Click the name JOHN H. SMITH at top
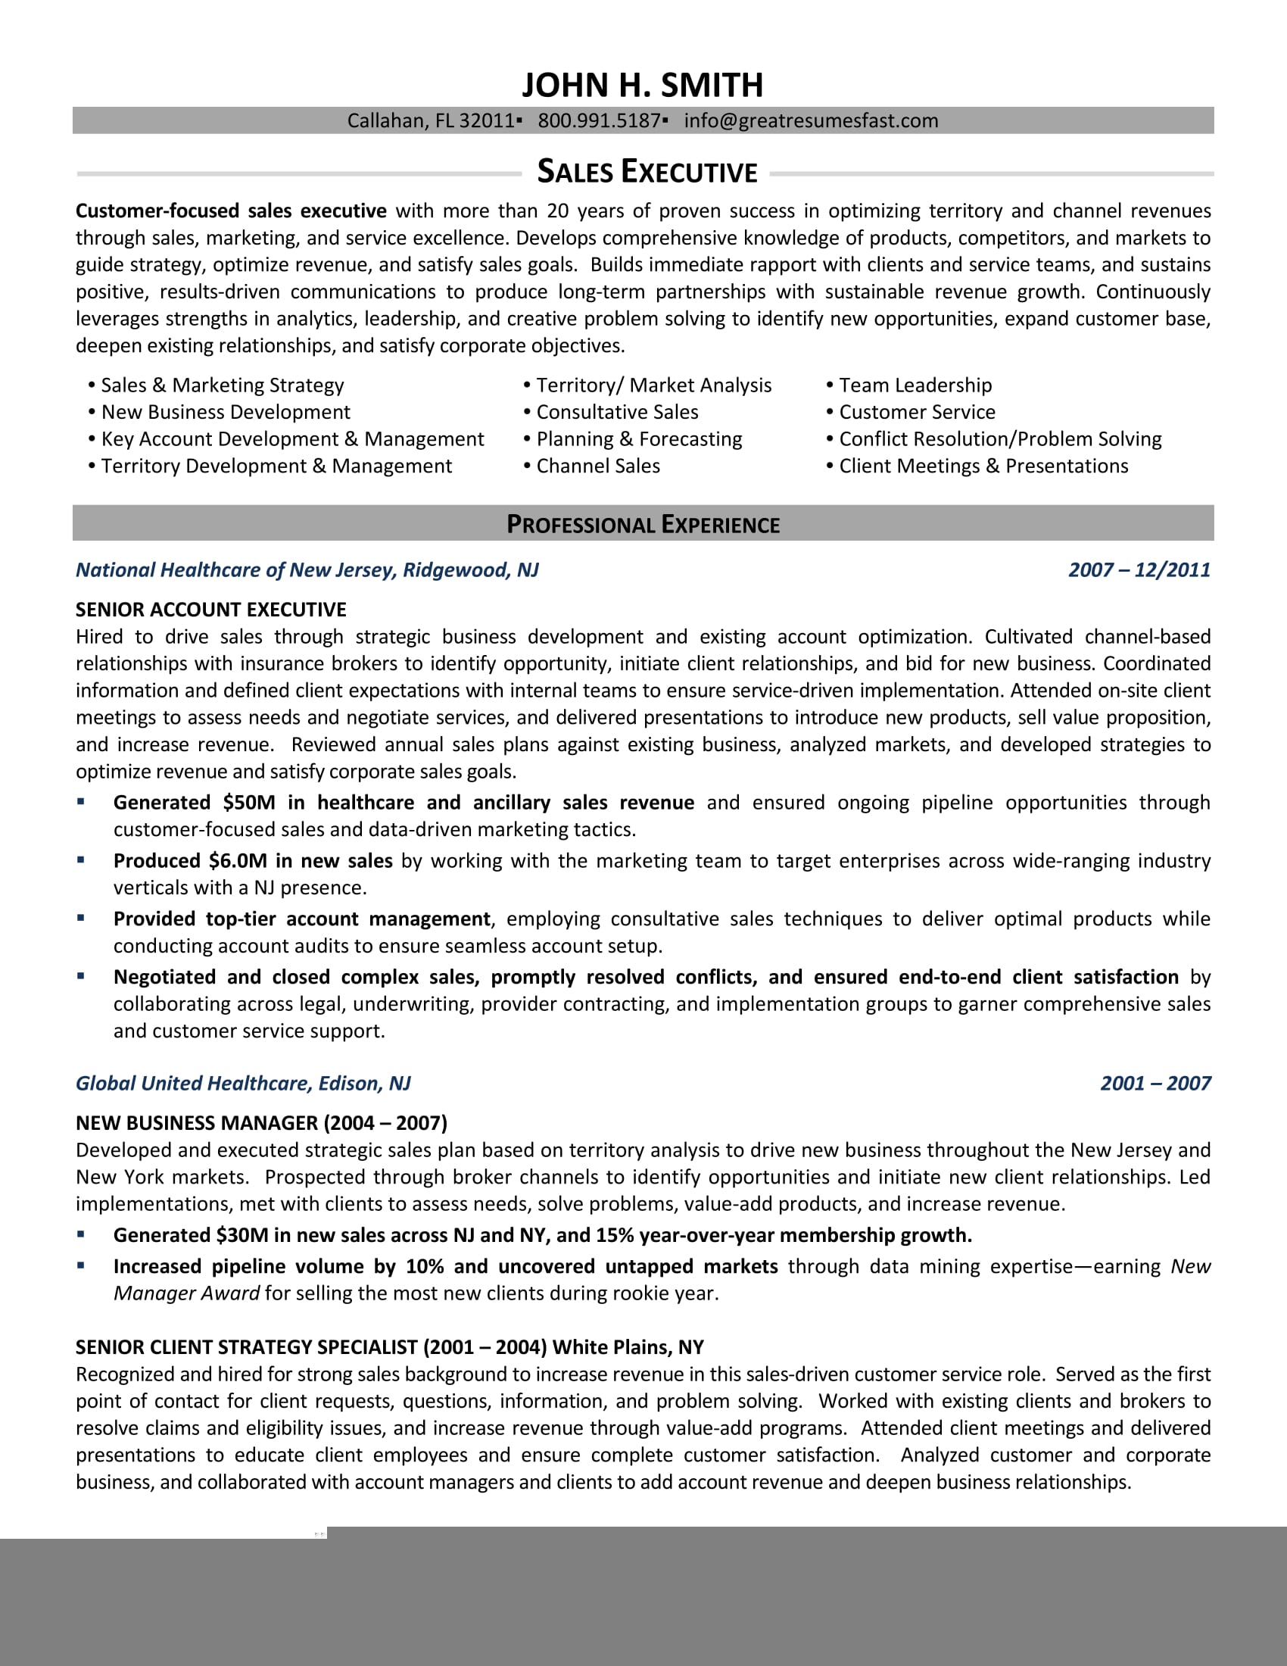click(x=642, y=86)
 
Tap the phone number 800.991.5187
click(x=599, y=120)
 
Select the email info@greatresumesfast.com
click(x=811, y=120)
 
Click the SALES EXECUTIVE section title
click(x=647, y=172)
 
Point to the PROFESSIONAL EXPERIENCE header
click(x=643, y=524)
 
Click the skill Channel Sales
click(x=598, y=466)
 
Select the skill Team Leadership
click(x=915, y=385)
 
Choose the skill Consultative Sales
click(x=617, y=412)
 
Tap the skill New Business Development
click(x=226, y=412)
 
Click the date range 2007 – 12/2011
click(x=1139, y=569)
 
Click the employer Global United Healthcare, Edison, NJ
click(x=243, y=1083)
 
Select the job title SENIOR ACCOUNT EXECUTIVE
click(x=211, y=610)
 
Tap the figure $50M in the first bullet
click(x=248, y=803)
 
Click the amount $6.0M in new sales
click(x=238, y=860)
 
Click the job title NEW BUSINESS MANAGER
click(x=197, y=1123)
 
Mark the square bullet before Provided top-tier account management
click(x=81, y=919)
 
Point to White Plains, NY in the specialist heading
click(x=628, y=1347)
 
